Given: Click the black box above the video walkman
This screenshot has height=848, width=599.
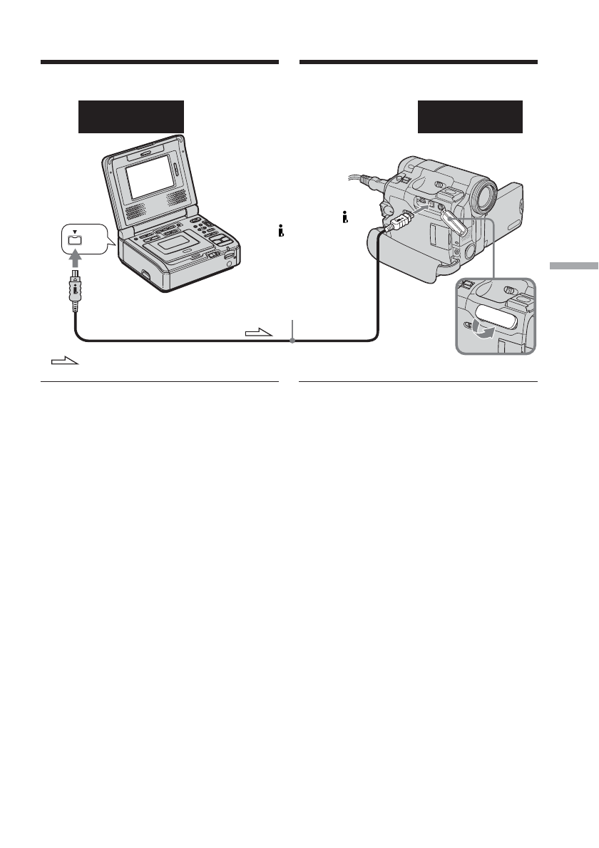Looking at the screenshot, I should click(x=130, y=117).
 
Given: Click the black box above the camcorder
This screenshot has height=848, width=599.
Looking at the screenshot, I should click(x=470, y=117).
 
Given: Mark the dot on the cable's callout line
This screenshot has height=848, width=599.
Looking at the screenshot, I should click(x=292, y=341).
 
